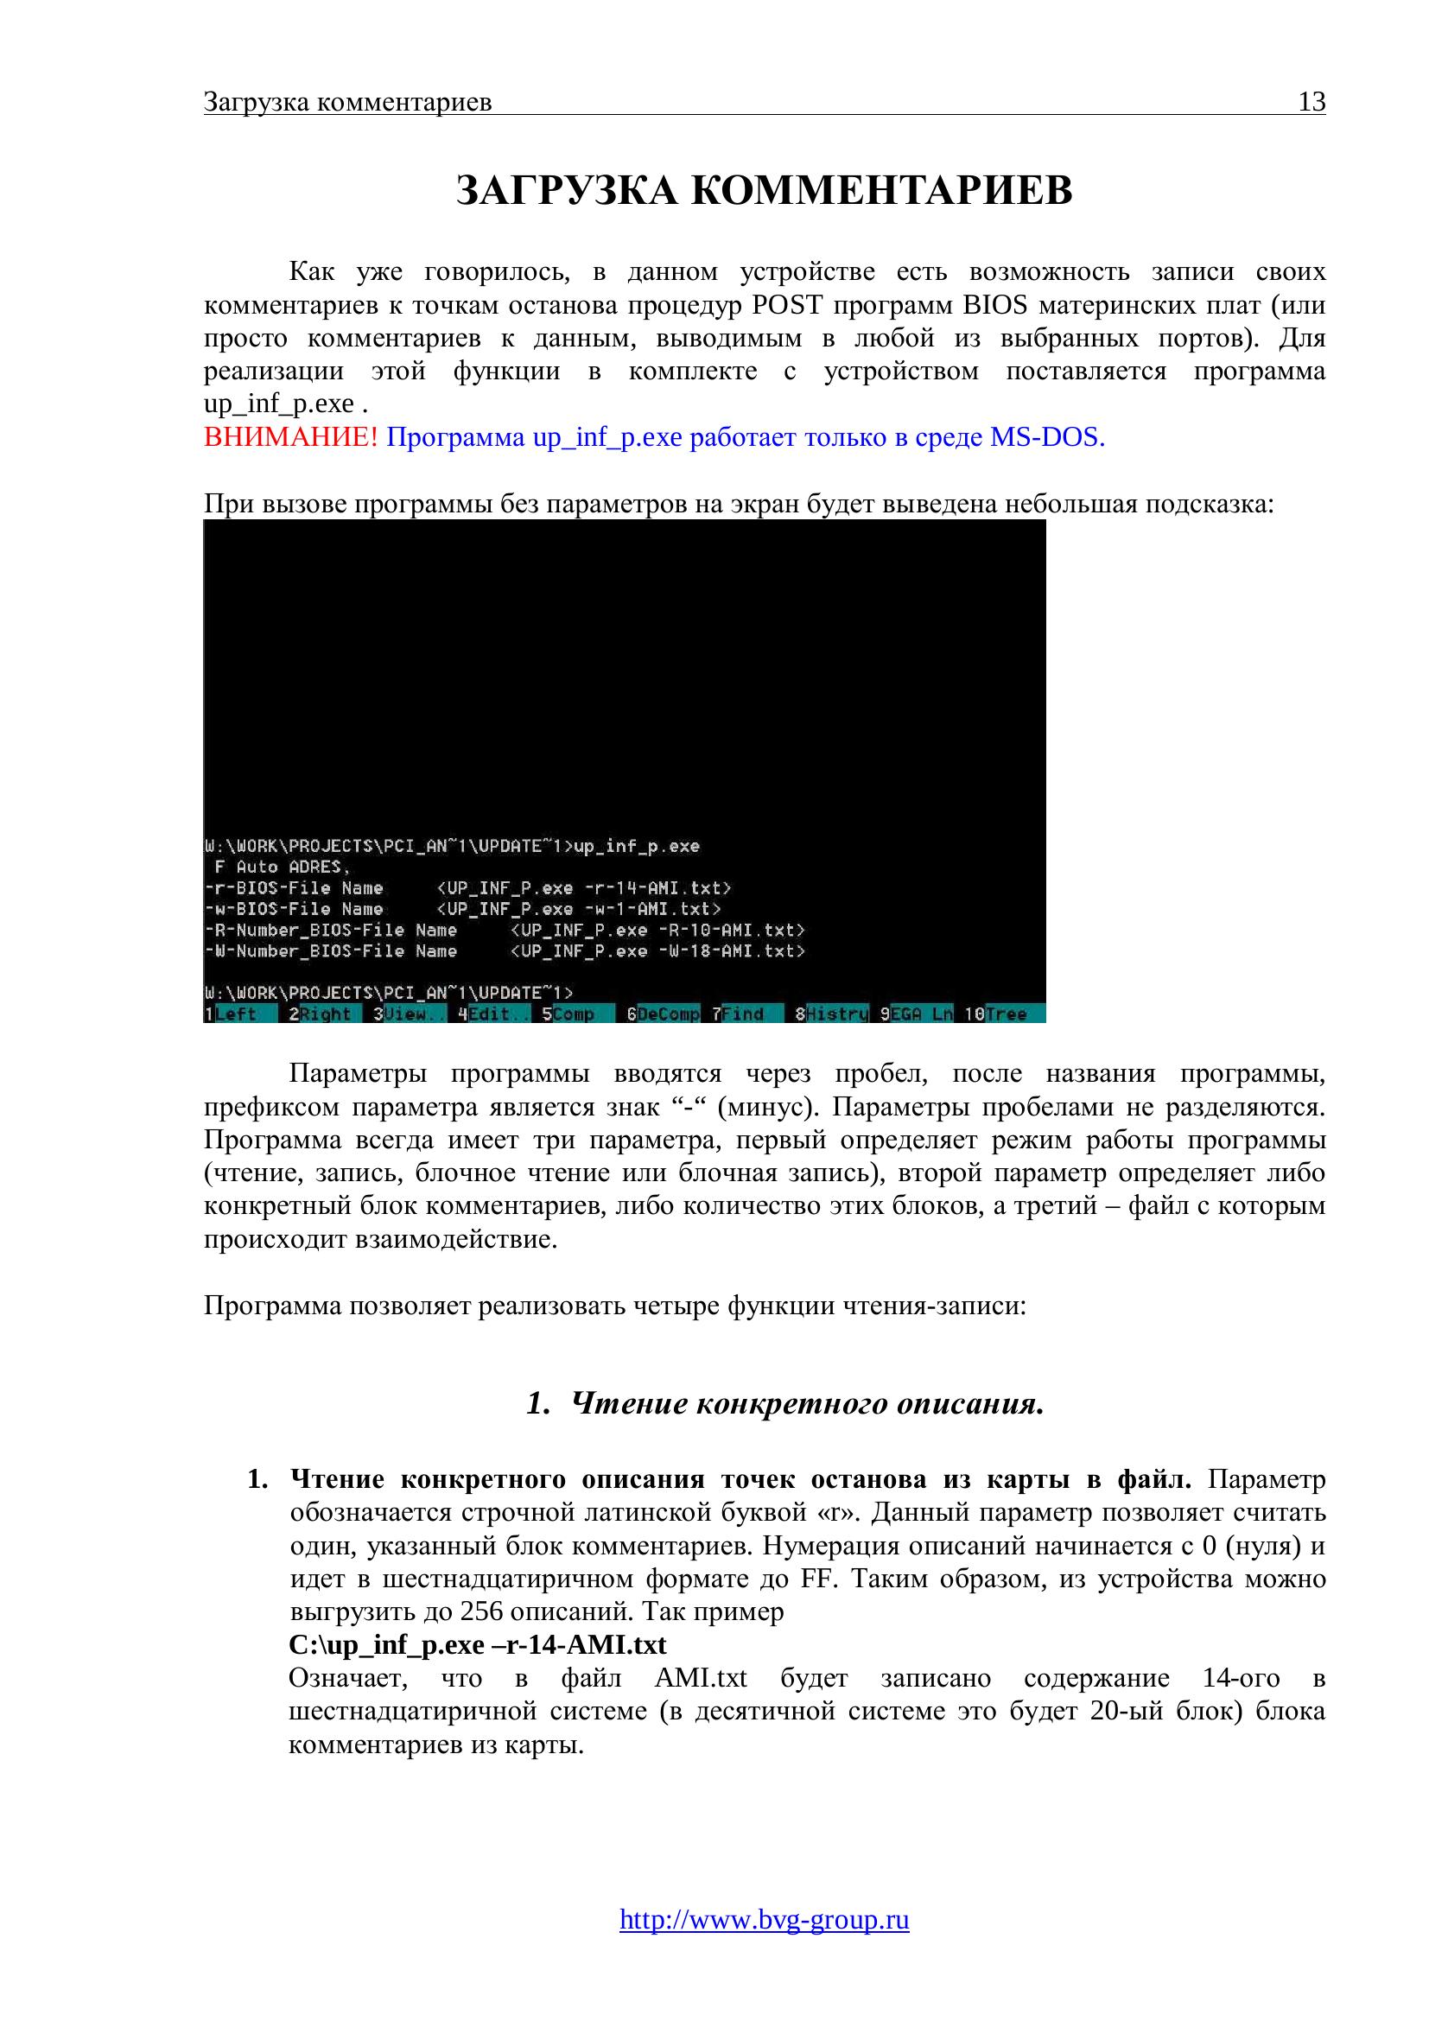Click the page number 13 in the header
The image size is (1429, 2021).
click(1312, 103)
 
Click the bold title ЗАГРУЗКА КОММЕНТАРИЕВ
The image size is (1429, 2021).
click(764, 191)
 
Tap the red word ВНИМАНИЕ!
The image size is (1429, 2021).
click(291, 437)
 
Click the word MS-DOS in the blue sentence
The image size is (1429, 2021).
click(1047, 437)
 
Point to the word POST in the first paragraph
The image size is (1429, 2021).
click(787, 305)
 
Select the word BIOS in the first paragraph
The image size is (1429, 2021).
click(995, 305)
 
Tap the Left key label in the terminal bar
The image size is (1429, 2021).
click(236, 1014)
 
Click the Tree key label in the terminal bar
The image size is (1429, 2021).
click(1007, 1014)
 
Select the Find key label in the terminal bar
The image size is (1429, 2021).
click(744, 1014)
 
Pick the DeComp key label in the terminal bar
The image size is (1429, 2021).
click(669, 1014)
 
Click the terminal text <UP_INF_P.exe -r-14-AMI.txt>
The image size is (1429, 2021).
click(584, 888)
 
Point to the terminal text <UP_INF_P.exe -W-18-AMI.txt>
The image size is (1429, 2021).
click(658, 951)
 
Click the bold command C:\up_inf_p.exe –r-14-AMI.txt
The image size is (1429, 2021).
click(478, 1645)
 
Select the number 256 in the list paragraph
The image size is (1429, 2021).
click(480, 1611)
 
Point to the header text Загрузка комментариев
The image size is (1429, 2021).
click(347, 103)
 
